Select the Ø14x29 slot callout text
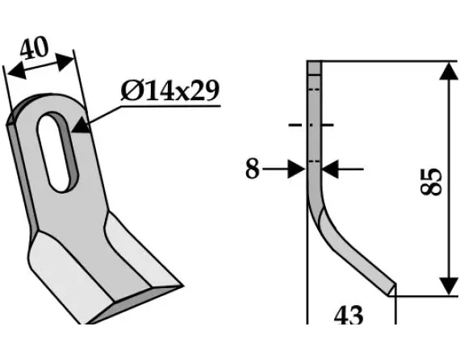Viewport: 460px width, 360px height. tap(169, 90)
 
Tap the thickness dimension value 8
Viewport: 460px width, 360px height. tap(253, 170)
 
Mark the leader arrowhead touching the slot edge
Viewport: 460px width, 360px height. tap(79, 126)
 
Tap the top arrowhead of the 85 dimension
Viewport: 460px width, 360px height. tap(446, 73)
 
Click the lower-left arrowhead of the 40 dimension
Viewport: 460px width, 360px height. tap(11, 74)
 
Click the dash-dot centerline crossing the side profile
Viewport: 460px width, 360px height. tap(312, 125)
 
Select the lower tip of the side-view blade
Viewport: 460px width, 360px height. tap(393, 288)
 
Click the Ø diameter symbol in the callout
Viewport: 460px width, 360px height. tap(131, 91)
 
